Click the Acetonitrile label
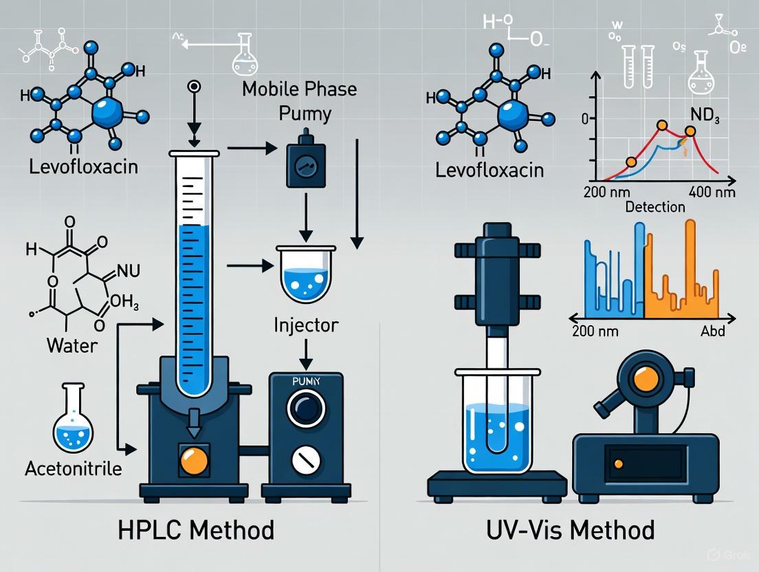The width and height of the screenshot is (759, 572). [x=73, y=470]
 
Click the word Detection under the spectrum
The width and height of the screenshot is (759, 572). [x=654, y=206]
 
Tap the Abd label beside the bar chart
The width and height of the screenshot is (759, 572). [x=711, y=331]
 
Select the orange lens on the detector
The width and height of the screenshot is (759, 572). [x=643, y=379]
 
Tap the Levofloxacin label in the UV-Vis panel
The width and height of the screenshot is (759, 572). [x=489, y=170]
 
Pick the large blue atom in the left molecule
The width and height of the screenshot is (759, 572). [x=107, y=111]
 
